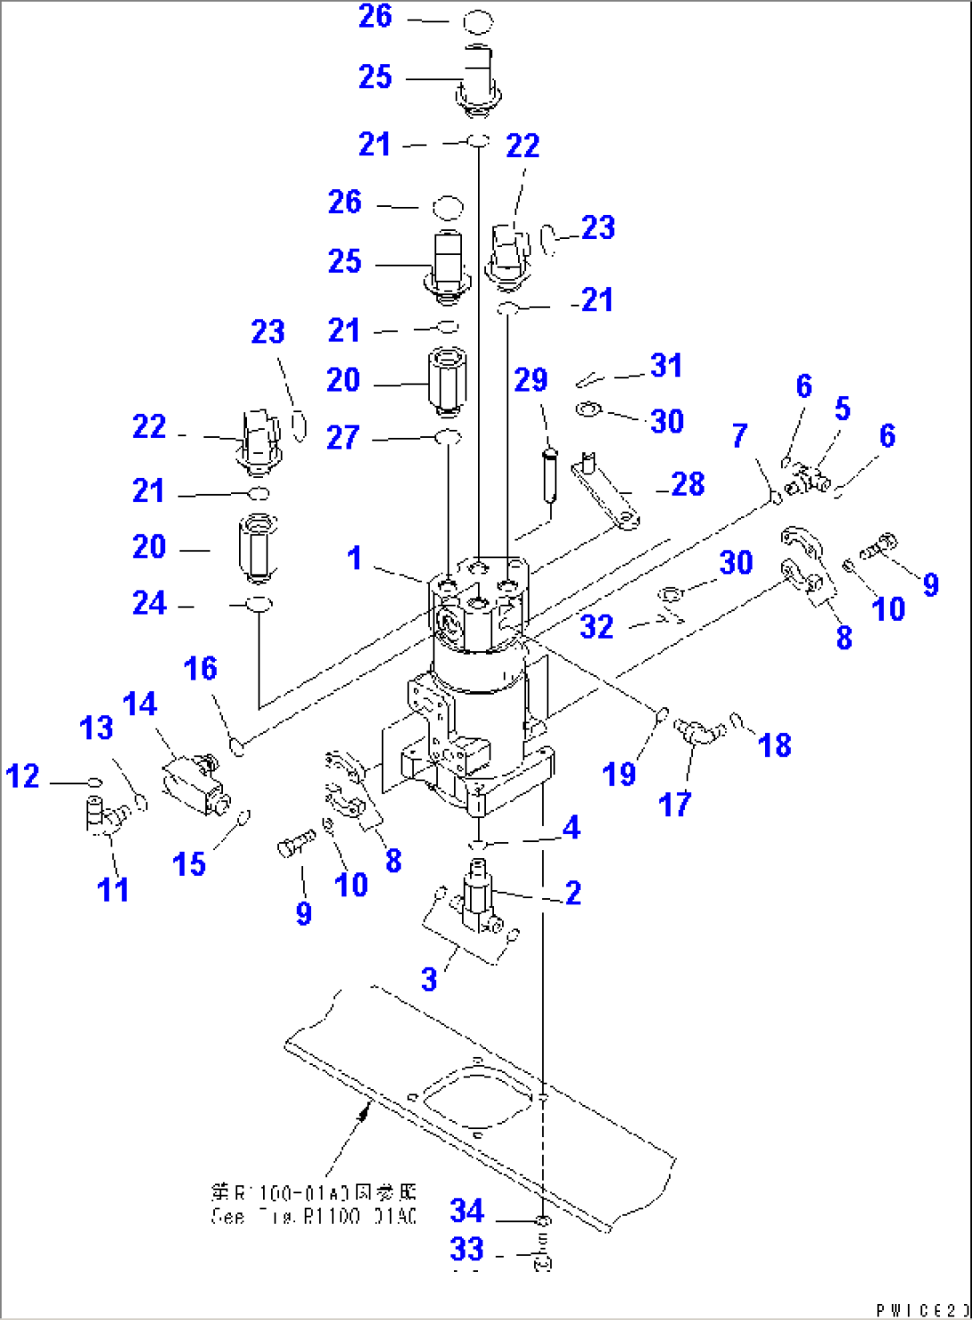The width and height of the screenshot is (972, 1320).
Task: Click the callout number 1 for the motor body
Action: pyautogui.click(x=355, y=558)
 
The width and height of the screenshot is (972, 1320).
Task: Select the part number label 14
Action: pyautogui.click(x=140, y=705)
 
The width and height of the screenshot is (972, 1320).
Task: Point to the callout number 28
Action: pyautogui.click(x=688, y=484)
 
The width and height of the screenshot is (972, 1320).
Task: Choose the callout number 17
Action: pyautogui.click(x=675, y=804)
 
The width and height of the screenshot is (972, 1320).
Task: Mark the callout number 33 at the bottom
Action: pyautogui.click(x=466, y=1250)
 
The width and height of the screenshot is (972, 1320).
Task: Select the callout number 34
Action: pyautogui.click(x=466, y=1211)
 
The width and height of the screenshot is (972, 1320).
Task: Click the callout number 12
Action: pyautogui.click(x=23, y=776)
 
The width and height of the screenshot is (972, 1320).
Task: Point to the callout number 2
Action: pyautogui.click(x=572, y=892)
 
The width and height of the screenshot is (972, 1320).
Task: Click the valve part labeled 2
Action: pyautogui.click(x=480, y=896)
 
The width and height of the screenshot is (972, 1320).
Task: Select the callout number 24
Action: pyautogui.click(x=149, y=604)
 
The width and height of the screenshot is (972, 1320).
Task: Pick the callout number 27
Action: pyautogui.click(x=342, y=437)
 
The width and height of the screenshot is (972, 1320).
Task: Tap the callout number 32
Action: pyautogui.click(x=597, y=627)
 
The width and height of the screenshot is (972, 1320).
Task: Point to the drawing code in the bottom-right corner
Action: pyautogui.click(x=921, y=1309)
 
